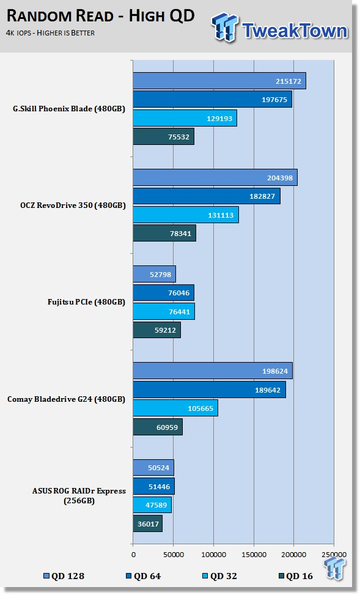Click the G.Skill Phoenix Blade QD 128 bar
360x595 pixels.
point(219,81)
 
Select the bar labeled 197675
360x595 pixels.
point(213,100)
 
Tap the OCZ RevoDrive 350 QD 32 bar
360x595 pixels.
point(186,215)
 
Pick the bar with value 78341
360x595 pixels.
point(164,234)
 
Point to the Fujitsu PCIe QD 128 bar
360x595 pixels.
point(154,274)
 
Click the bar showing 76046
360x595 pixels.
point(164,292)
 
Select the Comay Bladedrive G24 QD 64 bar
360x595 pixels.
point(210,390)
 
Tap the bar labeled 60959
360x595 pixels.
point(158,427)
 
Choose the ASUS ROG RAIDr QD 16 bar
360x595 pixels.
point(147,523)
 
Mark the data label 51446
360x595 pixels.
point(159,487)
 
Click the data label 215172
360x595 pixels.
point(288,81)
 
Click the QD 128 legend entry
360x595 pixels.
point(64,576)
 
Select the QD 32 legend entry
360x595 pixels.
point(219,576)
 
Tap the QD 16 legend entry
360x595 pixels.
point(295,576)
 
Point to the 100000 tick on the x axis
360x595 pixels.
point(213,555)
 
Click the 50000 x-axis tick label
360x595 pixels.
point(174,555)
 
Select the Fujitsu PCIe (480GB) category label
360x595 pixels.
point(86,303)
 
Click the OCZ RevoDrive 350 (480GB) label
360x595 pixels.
point(73,205)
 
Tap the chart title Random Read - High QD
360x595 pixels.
point(100,17)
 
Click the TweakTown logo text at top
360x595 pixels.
point(295,31)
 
